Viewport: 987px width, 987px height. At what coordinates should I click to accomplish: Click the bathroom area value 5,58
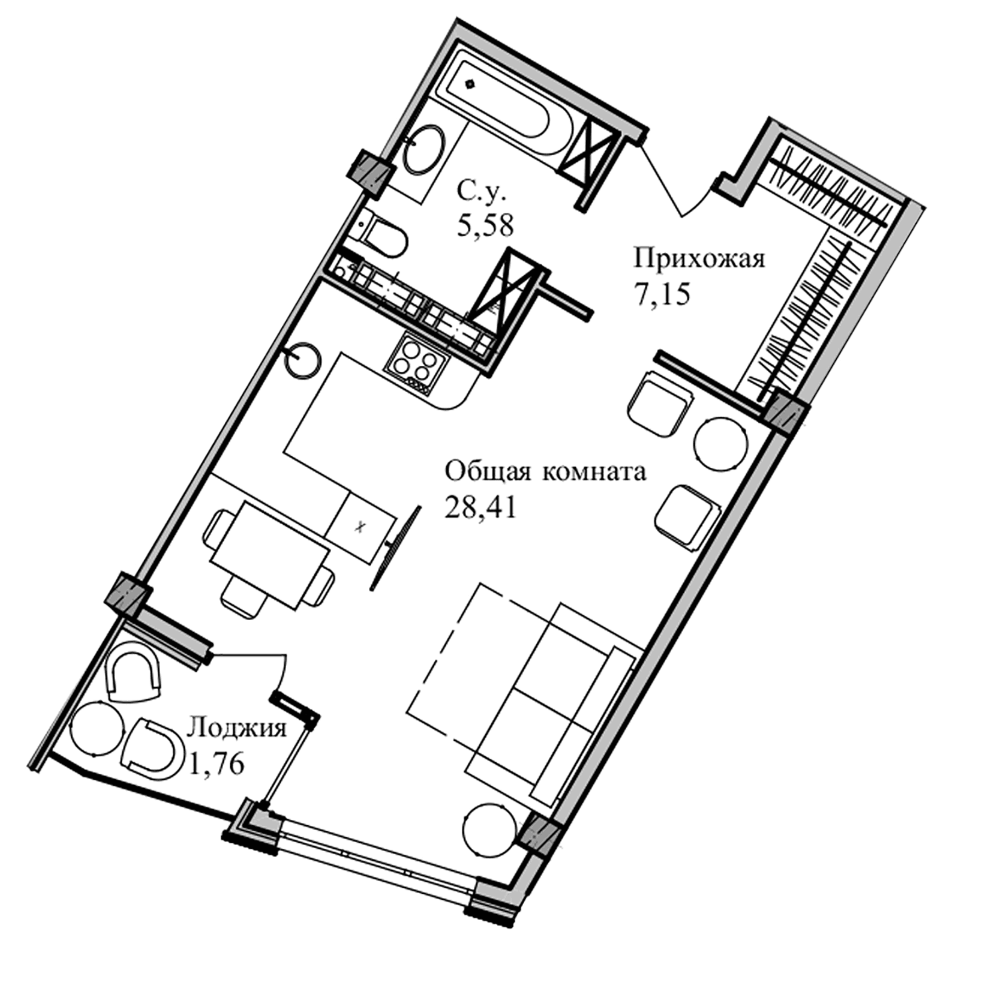point(486,225)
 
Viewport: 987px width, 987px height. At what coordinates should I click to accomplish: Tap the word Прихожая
point(699,259)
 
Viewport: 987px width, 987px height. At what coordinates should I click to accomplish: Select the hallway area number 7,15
point(661,294)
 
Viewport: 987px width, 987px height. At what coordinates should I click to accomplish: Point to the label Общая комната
point(545,472)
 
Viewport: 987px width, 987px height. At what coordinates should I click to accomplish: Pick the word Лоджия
point(236,729)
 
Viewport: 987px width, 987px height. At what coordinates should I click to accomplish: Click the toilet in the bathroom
point(384,236)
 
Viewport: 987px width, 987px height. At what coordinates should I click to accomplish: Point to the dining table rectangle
point(268,557)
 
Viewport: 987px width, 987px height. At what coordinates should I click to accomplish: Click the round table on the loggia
point(97,728)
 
